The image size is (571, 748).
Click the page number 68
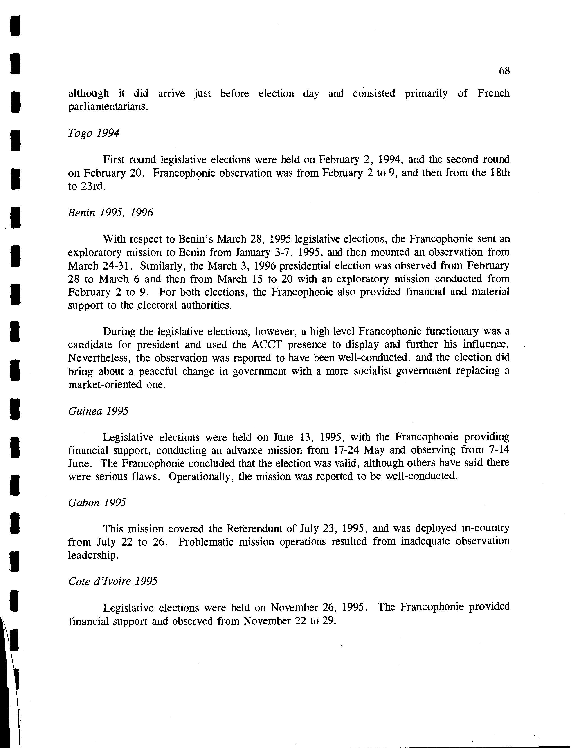[504, 71]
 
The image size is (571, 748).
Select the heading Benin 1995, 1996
[110, 213]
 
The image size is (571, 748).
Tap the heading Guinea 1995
[98, 411]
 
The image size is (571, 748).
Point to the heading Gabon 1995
[97, 503]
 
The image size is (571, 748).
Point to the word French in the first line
[493, 93]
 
